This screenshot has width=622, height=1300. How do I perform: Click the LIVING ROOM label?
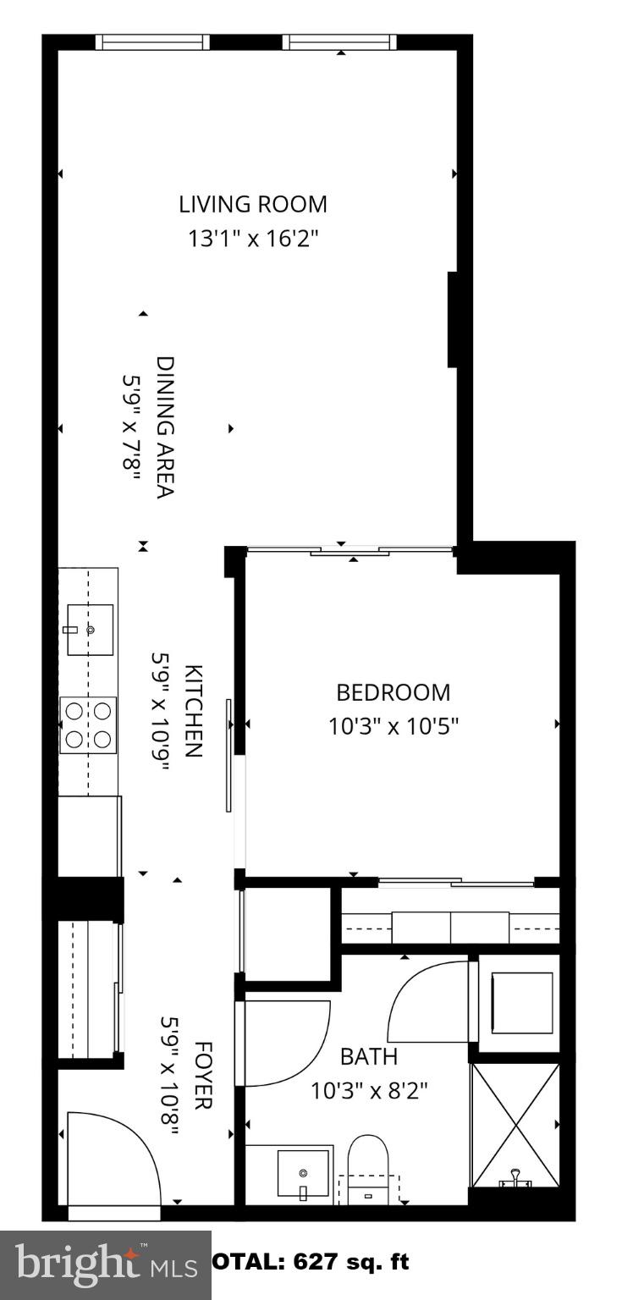point(252,204)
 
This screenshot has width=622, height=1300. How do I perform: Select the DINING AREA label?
point(165,427)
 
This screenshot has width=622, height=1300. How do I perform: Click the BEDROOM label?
point(394,692)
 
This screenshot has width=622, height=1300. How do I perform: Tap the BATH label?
point(369,1056)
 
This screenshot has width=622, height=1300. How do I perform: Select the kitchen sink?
point(90,629)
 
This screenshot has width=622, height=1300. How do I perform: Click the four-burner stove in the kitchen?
point(89,725)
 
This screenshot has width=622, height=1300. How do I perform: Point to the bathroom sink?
point(303,1173)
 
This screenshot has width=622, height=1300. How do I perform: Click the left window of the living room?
point(152,42)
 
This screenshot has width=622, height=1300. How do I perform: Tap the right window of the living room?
point(339,42)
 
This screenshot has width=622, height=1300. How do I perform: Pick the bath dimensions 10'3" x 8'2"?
point(369,1090)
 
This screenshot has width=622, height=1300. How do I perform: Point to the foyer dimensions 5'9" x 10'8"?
point(169,1077)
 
